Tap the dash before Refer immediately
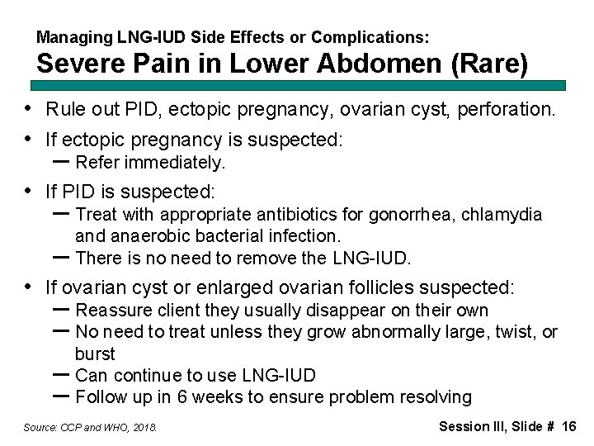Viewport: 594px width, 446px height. coord(60,160)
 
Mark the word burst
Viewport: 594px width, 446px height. coord(95,353)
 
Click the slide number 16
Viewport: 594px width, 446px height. coord(568,426)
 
